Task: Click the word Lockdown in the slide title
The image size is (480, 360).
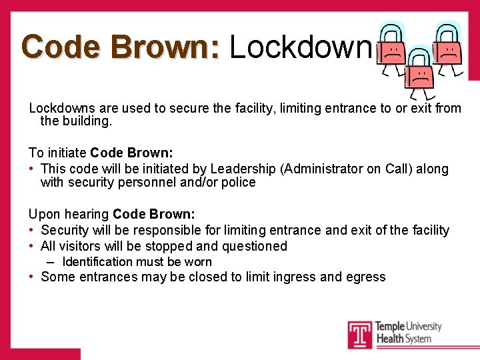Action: coord(299,47)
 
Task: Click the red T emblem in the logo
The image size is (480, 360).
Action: coord(359,335)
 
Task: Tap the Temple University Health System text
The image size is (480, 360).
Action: coord(408,332)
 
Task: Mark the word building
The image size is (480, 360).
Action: coord(92,121)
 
